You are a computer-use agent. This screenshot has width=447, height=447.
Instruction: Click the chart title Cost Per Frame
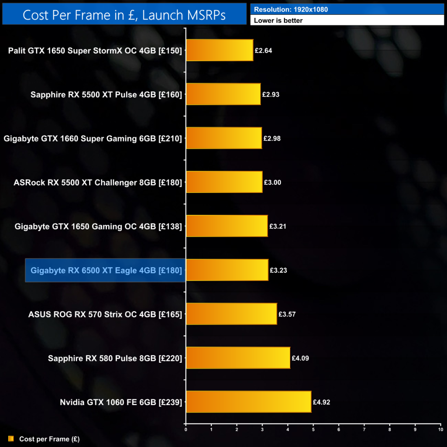tap(124, 15)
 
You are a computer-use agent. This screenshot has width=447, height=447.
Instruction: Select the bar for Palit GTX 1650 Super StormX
tap(220, 50)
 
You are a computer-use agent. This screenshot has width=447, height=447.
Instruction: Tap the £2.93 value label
tap(271, 94)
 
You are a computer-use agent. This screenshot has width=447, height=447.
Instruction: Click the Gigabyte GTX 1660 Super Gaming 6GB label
tap(93, 138)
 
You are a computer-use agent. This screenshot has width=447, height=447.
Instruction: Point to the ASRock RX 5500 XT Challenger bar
tap(224, 182)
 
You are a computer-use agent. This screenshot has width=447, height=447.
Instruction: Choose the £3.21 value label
tap(278, 227)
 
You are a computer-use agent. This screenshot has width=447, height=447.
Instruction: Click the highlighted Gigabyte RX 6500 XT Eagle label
tap(106, 271)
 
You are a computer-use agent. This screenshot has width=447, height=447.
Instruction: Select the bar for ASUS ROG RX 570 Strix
tap(231, 314)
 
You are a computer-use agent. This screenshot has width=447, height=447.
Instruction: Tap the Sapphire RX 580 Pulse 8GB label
tap(115, 358)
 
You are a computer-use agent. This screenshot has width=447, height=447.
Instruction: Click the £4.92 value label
tap(321, 402)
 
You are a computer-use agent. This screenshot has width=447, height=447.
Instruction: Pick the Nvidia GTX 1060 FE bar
tap(248, 402)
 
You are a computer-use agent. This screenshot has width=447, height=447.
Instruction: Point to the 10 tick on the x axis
tap(440, 430)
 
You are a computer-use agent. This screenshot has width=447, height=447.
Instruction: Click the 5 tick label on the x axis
tap(313, 430)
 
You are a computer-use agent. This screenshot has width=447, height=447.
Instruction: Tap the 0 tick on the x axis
tap(186, 430)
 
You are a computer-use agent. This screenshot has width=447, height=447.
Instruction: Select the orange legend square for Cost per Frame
tap(11, 439)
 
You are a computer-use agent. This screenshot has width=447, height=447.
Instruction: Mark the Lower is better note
tap(278, 20)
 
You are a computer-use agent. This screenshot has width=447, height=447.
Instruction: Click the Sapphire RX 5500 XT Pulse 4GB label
tap(106, 94)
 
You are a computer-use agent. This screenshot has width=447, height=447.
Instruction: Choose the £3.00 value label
tap(272, 182)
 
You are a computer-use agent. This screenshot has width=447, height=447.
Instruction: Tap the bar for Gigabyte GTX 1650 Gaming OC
tap(227, 226)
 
